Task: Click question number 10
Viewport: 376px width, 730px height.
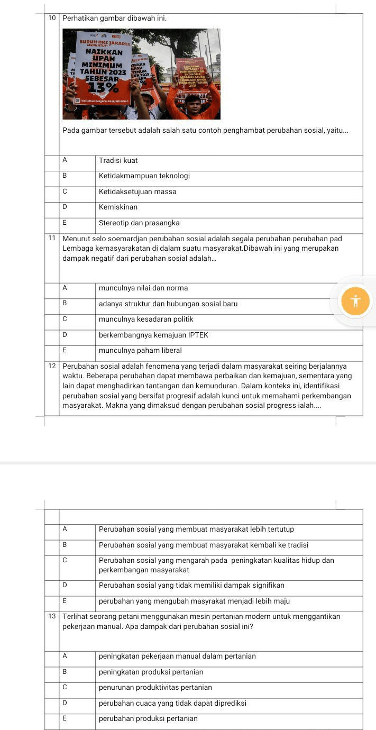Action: point(52,18)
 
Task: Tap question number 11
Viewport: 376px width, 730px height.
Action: point(52,238)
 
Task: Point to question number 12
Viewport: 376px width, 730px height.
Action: point(52,366)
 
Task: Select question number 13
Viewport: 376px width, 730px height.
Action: point(52,616)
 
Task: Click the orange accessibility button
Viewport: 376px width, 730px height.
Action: point(355,302)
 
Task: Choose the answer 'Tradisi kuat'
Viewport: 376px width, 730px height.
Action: point(118,160)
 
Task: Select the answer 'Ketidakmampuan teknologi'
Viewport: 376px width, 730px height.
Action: point(144,176)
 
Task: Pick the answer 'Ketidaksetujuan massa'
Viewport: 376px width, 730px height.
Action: point(137,191)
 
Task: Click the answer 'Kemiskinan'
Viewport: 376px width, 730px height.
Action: point(118,207)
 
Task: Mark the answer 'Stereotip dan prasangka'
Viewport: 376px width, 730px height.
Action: point(139,223)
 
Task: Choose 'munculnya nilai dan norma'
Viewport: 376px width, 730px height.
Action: point(143,288)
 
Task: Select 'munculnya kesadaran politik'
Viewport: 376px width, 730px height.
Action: point(145,319)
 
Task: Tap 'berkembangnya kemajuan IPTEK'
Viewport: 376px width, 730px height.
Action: point(153,335)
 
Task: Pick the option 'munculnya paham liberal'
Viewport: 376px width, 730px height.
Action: point(140,350)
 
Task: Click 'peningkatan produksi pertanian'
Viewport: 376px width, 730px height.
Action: point(151,672)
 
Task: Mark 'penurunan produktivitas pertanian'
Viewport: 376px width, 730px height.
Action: point(155,687)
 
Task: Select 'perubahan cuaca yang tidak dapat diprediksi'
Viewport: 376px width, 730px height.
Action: point(172,703)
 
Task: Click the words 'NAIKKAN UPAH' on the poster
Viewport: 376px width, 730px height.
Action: point(104,56)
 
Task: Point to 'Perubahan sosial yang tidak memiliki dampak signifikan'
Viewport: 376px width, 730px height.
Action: point(191,585)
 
